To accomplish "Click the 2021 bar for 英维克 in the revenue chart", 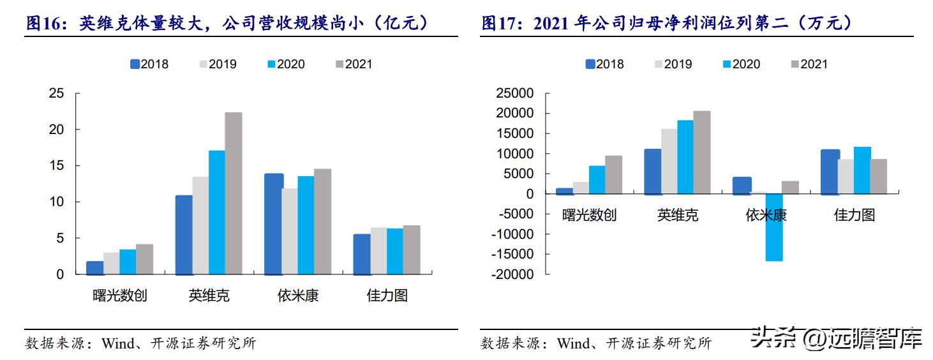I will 234,193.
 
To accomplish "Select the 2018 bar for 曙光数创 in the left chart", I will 95,267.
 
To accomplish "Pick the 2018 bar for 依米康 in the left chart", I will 274,223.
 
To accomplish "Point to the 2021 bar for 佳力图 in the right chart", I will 878,176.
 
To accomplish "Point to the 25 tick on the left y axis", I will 56,94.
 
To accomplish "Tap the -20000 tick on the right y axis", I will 514,274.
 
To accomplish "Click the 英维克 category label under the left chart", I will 209,296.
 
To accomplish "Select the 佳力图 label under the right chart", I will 855,215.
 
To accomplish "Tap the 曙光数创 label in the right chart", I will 589,215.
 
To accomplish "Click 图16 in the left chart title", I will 45,24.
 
